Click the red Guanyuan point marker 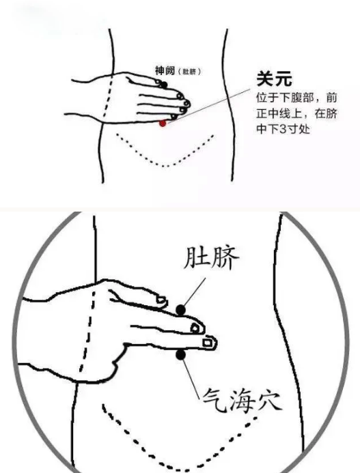click(163, 123)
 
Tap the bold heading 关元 click(274, 78)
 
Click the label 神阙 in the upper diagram click(165, 70)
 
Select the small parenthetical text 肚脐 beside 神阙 click(189, 72)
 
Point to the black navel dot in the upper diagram click(164, 85)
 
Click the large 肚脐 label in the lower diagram click(211, 257)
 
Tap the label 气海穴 click(243, 400)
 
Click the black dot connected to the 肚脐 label click(180, 309)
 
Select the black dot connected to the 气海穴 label click(180, 355)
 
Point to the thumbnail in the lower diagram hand click(161, 300)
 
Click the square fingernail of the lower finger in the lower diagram click(207, 343)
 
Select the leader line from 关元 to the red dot click(209, 106)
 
